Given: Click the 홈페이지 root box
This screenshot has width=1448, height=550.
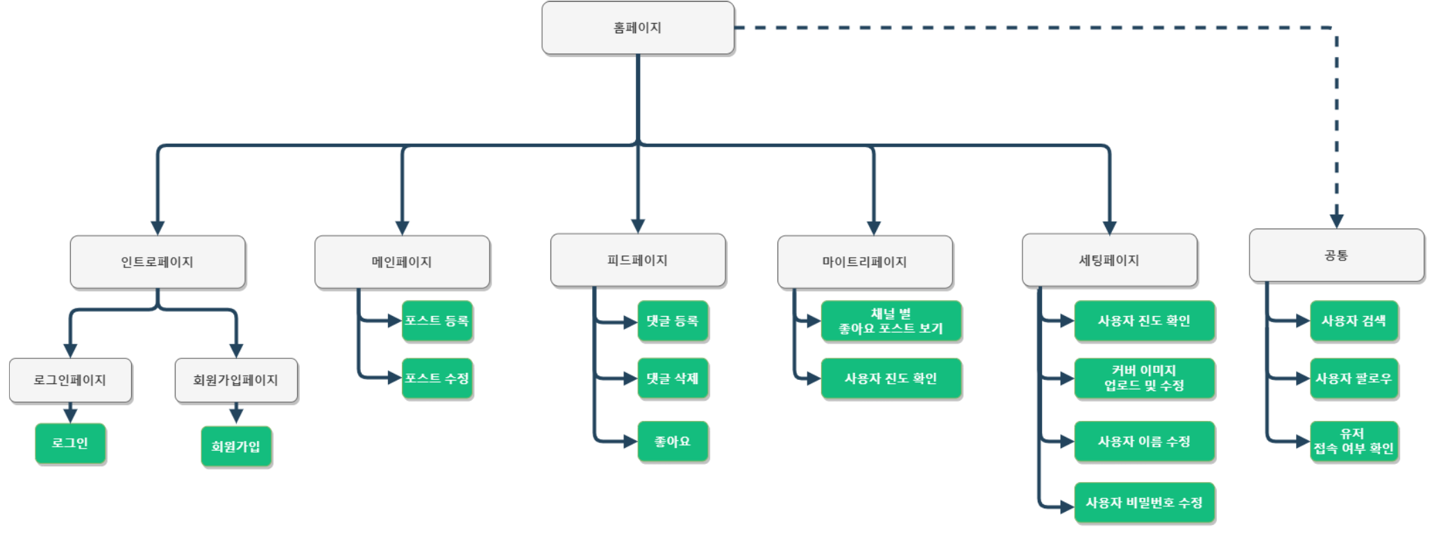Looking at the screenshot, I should (x=637, y=28).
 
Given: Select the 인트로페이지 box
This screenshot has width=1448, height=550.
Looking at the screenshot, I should (x=158, y=262).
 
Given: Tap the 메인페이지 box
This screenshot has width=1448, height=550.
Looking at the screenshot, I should (x=402, y=262).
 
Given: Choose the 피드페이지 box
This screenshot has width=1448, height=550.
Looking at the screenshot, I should (x=637, y=260).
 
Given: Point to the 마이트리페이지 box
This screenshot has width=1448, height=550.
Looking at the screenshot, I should (x=864, y=262).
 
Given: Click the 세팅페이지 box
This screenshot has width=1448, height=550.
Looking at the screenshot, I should (x=1109, y=260).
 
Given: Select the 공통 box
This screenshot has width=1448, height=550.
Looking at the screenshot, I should (x=1336, y=256).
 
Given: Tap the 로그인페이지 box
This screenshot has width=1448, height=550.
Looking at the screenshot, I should (x=70, y=380).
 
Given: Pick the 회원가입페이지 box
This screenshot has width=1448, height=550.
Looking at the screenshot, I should (x=236, y=380).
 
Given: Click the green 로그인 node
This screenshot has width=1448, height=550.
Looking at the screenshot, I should (x=70, y=443).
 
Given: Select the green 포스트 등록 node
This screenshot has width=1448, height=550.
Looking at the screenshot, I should (x=437, y=321).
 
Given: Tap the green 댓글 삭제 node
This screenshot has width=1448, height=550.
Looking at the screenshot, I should (x=673, y=378).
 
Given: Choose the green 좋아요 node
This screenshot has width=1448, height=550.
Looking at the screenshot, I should (x=673, y=442).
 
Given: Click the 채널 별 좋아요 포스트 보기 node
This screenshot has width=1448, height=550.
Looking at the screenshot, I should (x=891, y=321).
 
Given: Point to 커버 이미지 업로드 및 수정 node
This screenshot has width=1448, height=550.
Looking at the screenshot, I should (x=1144, y=378).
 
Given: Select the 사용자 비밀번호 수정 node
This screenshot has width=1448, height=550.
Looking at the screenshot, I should (x=1144, y=503).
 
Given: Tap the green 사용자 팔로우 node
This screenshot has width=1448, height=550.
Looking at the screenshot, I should (x=1354, y=378).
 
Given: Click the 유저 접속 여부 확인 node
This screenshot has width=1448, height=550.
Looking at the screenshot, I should (x=1354, y=442).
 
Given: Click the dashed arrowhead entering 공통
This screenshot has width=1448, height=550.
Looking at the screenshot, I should (x=1336, y=221).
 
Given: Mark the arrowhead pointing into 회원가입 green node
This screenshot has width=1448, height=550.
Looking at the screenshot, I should (x=236, y=416).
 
